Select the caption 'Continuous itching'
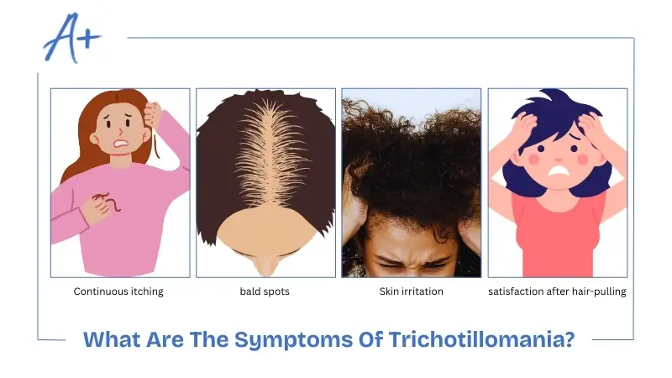[118, 292]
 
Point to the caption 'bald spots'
[265, 292]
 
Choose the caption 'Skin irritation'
[412, 292]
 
